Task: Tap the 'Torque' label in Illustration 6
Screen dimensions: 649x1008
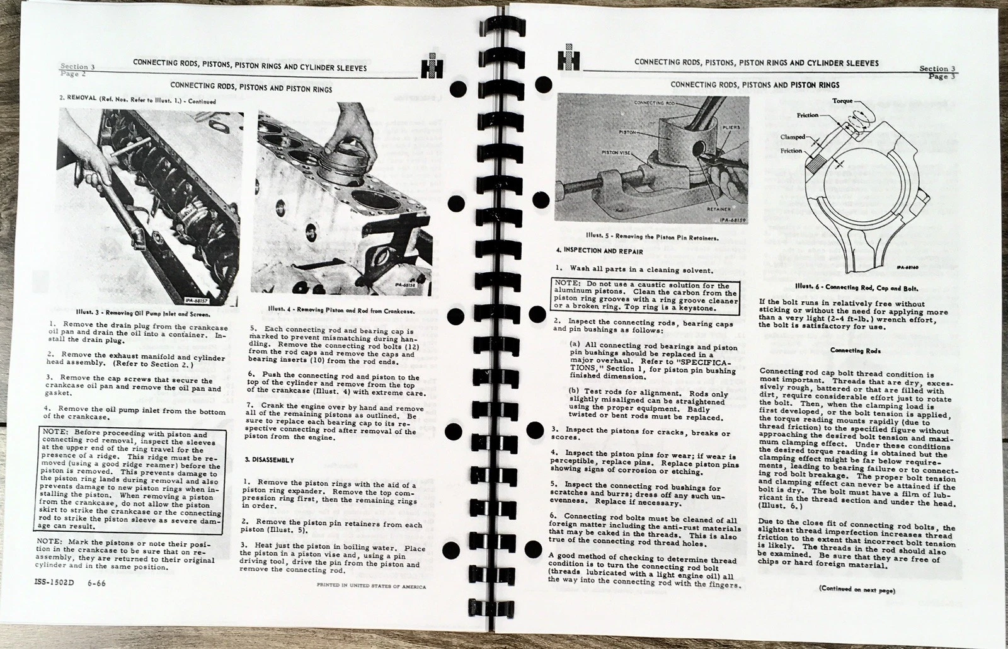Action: point(842,101)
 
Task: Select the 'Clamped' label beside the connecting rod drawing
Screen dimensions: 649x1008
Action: point(792,136)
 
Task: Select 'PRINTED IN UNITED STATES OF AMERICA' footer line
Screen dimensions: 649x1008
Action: point(371,586)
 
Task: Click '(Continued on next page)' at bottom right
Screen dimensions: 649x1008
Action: point(857,590)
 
